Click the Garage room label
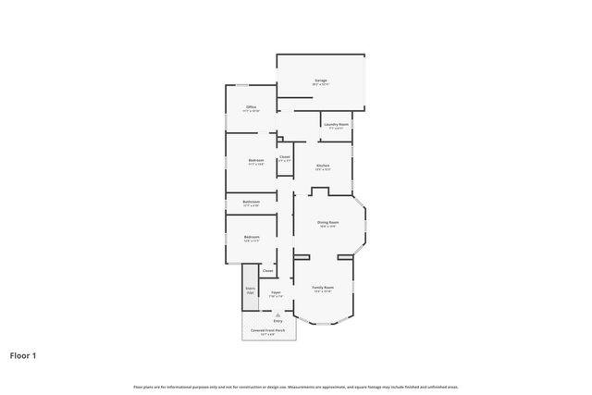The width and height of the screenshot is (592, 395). tap(321, 80)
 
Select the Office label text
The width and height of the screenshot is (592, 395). tap(251, 107)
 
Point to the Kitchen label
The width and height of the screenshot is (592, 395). tap(323, 166)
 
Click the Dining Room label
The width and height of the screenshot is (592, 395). tap(328, 222)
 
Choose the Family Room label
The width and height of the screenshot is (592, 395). tap(322, 288)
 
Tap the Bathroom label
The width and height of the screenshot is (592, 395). tap(251, 202)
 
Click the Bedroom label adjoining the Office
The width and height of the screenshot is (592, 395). tap(256, 160)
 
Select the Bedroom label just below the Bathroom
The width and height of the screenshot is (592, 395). tap(252, 237)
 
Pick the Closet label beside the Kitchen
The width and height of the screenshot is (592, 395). tap(285, 156)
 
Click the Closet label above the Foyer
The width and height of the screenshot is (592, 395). tap(267, 271)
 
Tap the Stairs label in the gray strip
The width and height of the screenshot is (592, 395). tap(250, 288)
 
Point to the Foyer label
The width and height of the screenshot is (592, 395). tap(276, 293)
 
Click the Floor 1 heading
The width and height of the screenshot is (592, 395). tap(23, 354)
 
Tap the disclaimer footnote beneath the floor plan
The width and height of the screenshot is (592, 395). tap(295, 387)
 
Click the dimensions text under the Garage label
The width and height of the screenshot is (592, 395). tap(321, 85)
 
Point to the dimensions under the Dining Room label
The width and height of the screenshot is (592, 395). tap(328, 227)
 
